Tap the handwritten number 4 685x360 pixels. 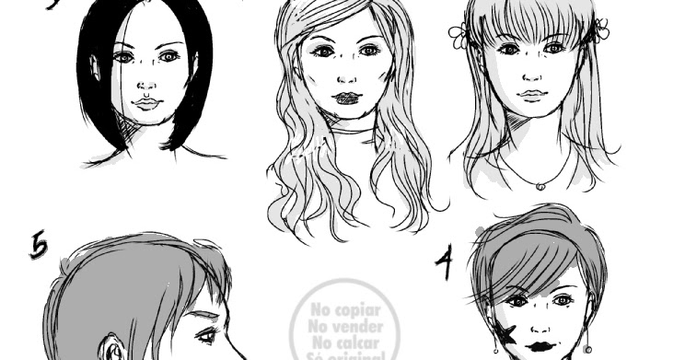pyautogui.click(x=445, y=265)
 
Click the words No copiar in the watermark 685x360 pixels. pyautogui.click(x=347, y=309)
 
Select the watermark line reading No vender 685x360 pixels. pyautogui.click(x=347, y=325)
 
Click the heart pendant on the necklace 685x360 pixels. pyautogui.click(x=540, y=186)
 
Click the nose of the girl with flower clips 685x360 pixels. pyautogui.click(x=528, y=74)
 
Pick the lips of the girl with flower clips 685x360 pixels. pyautogui.click(x=528, y=95)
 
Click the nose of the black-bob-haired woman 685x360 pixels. pyautogui.click(x=145, y=81)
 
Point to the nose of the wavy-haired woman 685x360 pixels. pyautogui.click(x=346, y=74)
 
